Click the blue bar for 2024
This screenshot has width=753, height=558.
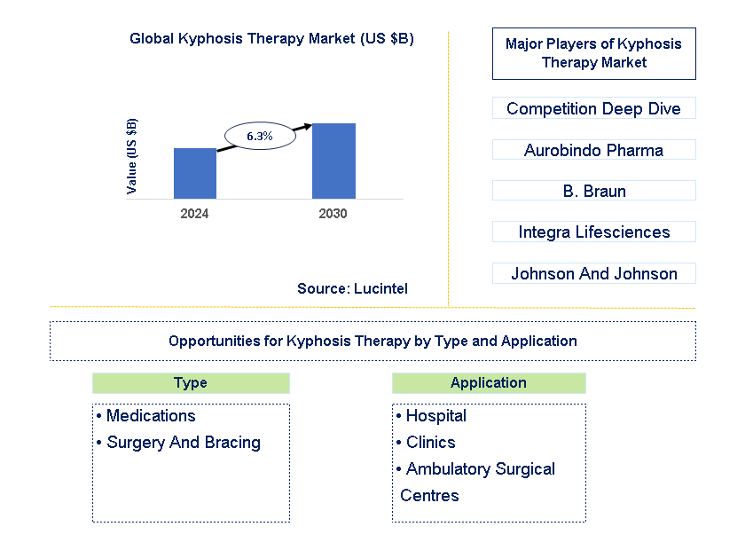click(194, 173)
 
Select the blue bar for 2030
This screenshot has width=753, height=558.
click(333, 161)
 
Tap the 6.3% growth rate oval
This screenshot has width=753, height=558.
click(259, 136)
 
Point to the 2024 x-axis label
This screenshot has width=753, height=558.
click(194, 215)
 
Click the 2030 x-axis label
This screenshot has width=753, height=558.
click(333, 215)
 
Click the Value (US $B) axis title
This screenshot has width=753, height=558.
click(132, 156)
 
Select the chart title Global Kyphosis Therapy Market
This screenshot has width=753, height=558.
click(271, 39)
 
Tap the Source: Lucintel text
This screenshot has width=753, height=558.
click(352, 288)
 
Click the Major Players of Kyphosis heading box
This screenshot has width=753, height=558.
click(593, 53)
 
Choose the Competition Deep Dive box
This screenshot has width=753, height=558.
click(593, 108)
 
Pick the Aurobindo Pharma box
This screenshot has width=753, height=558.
click(593, 150)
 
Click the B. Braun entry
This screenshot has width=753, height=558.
click(593, 191)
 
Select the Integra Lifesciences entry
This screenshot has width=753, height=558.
click(593, 232)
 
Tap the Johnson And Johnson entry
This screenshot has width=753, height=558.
click(593, 273)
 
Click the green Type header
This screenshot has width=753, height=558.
click(191, 383)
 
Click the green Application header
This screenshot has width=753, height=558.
click(489, 383)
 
